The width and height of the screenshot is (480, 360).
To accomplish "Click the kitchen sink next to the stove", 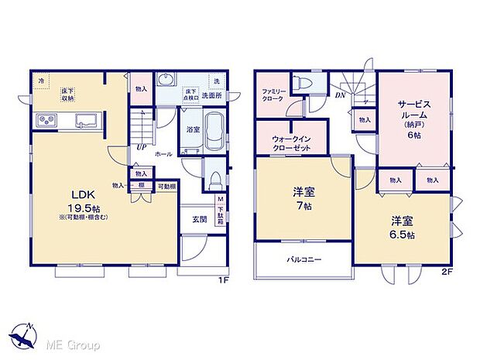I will tap(84, 120).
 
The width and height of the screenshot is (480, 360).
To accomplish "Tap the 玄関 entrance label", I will tap(199, 219).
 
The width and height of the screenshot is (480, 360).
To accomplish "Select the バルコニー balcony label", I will tap(304, 259).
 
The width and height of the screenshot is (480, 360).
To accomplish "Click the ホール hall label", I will tap(163, 154).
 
